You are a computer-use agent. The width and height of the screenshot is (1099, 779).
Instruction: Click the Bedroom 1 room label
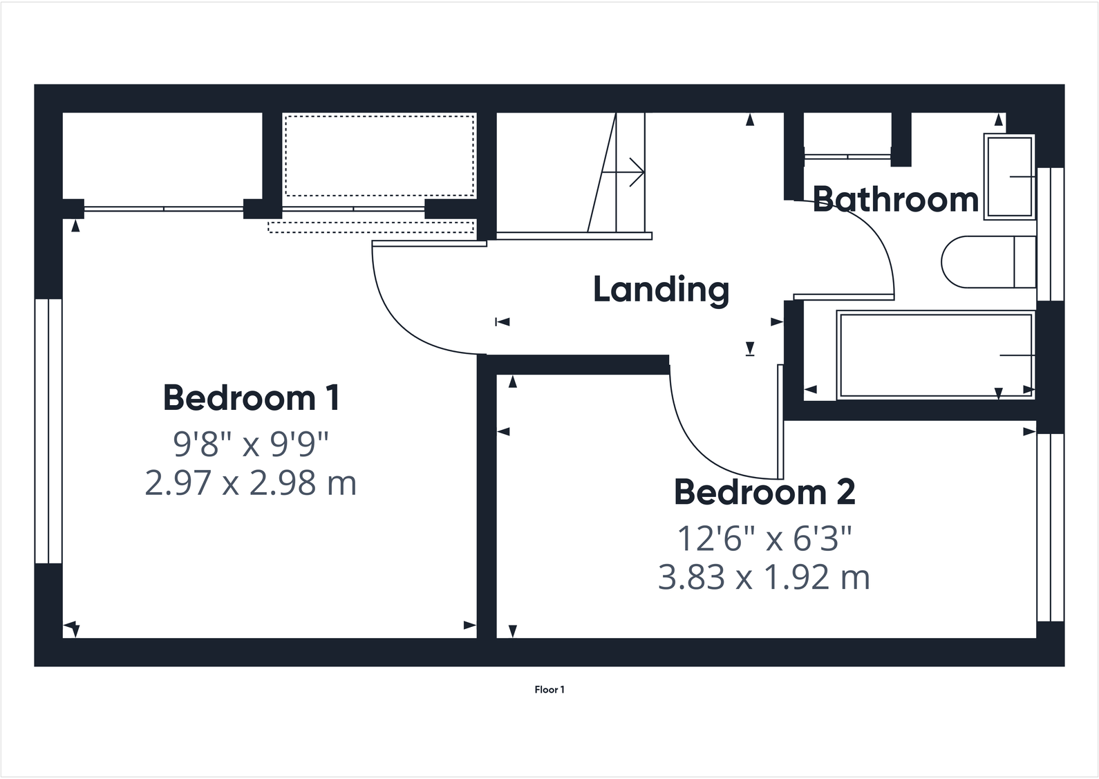[251, 398]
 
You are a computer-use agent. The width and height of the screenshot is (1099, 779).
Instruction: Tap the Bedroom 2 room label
[764, 493]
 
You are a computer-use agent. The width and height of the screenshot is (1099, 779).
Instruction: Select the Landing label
[661, 290]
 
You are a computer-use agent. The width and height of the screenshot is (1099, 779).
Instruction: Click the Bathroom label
[895, 200]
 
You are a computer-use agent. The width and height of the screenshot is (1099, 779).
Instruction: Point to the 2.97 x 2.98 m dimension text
[250, 483]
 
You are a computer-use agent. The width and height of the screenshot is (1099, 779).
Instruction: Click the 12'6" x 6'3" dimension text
[764, 538]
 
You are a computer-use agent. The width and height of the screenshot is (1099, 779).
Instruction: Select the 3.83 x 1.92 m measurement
[764, 578]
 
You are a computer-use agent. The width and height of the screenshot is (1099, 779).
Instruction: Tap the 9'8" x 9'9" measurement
[250, 444]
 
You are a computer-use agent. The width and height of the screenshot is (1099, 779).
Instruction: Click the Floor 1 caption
[549, 690]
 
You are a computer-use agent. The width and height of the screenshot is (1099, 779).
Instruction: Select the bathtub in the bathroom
[935, 355]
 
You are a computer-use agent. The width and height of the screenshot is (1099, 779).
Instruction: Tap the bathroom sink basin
[1009, 177]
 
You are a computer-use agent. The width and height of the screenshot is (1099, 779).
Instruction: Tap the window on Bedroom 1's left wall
[48, 431]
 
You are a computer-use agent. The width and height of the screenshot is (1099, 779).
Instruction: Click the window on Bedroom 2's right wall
[1050, 527]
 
